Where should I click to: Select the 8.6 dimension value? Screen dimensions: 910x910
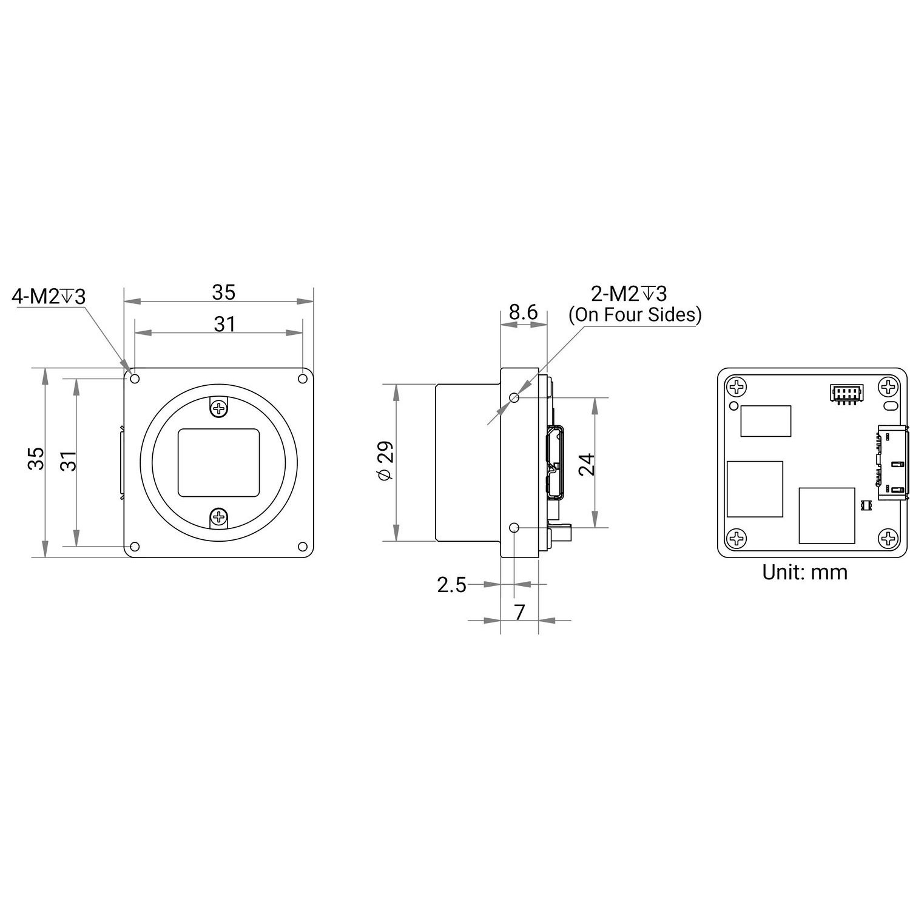[x=523, y=312]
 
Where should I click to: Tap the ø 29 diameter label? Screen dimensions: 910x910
[x=386, y=461]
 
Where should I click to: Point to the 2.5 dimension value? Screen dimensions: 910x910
[x=452, y=585]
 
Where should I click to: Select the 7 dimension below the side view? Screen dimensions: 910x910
[x=519, y=613]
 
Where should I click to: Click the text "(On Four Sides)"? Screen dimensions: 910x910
[x=635, y=315]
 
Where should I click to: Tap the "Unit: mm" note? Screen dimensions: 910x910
[x=804, y=572]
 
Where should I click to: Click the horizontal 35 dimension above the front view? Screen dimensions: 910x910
[x=223, y=292]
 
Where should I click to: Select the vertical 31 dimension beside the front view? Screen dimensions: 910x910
[x=70, y=461]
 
